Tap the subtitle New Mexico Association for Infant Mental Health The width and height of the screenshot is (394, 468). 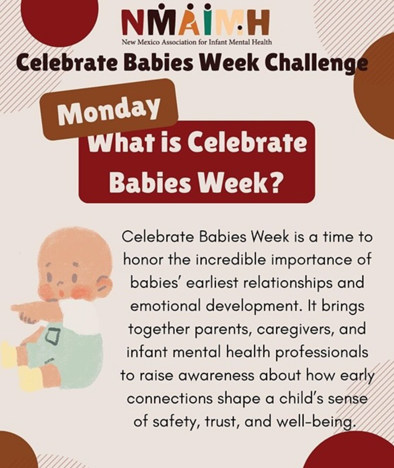(x=197, y=42)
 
